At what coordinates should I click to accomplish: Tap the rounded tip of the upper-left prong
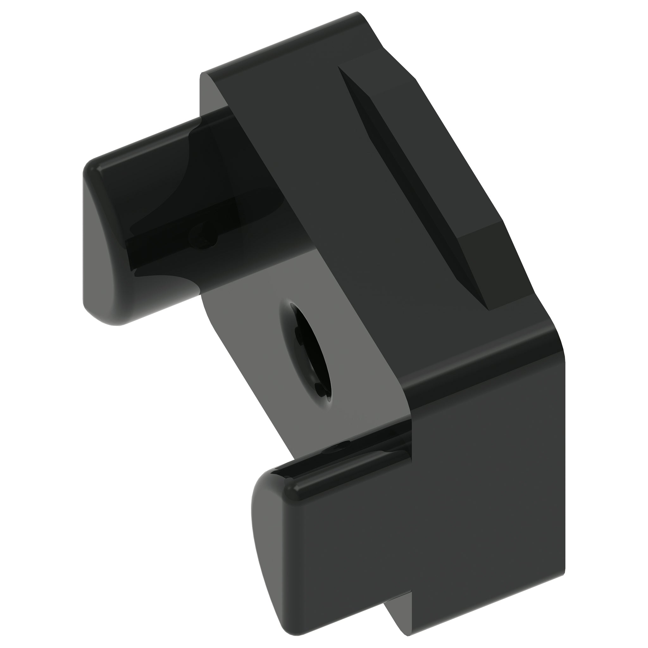coord(101,241)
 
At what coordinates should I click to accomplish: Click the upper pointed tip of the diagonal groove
coord(340,68)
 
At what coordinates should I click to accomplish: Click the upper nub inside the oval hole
coord(298,332)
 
